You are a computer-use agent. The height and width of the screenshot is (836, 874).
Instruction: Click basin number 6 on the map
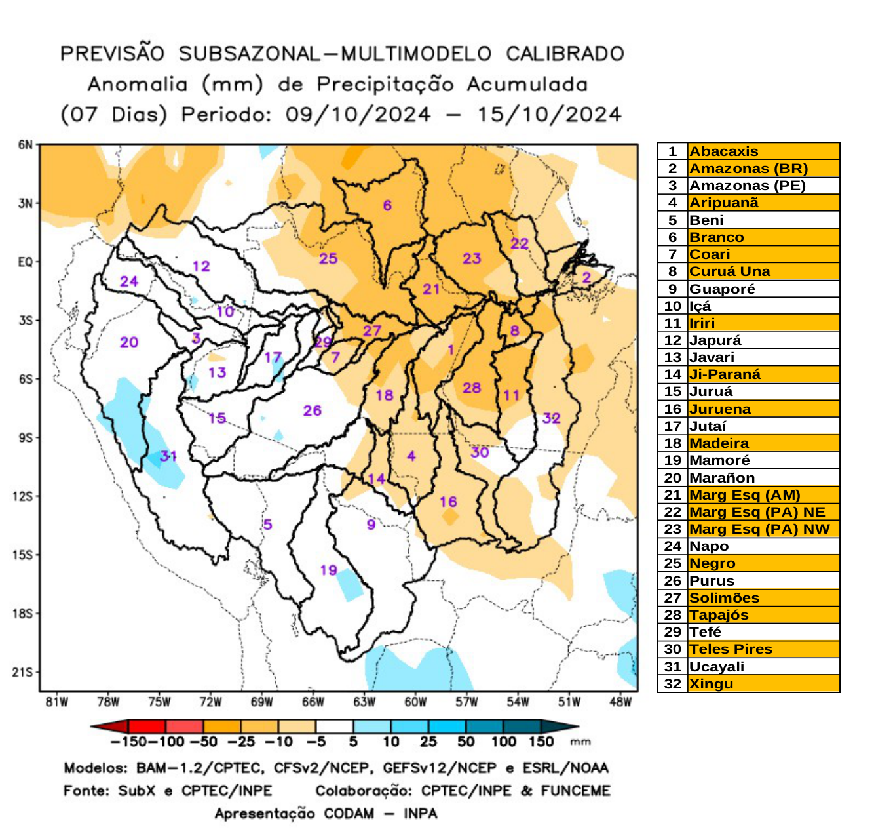click(x=387, y=205)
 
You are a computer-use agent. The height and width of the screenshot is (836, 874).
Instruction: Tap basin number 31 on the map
click(x=168, y=456)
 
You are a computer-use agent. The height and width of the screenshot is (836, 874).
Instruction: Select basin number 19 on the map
click(x=328, y=570)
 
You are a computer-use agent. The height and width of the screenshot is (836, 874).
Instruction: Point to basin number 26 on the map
click(x=312, y=410)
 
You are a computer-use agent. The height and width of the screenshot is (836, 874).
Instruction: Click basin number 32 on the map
click(x=551, y=418)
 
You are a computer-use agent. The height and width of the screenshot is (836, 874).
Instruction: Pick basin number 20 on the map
click(x=129, y=342)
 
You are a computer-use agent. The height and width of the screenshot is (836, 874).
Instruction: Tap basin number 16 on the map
click(x=448, y=502)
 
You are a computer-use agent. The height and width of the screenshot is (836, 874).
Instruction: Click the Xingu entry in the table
click(x=711, y=684)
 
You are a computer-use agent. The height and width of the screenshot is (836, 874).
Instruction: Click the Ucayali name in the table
click(x=716, y=667)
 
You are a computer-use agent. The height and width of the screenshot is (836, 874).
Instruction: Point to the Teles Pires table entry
click(x=731, y=649)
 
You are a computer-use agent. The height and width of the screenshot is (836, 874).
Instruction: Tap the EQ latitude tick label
click(x=25, y=262)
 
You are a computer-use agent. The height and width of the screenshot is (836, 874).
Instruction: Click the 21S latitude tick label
click(x=23, y=672)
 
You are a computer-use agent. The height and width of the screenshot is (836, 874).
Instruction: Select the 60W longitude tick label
click(x=415, y=702)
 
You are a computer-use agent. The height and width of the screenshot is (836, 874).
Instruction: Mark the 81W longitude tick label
click(x=57, y=702)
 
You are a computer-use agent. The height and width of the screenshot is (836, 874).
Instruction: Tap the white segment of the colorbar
click(x=334, y=727)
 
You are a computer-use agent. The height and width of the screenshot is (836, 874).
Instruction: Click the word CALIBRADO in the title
click(x=565, y=54)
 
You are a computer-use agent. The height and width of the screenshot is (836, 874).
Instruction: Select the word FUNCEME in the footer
click(x=575, y=791)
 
